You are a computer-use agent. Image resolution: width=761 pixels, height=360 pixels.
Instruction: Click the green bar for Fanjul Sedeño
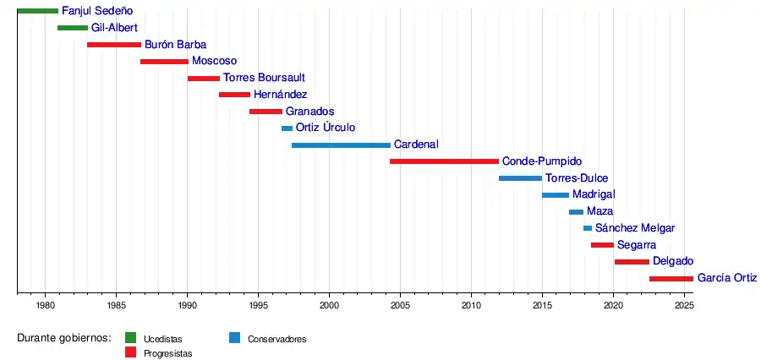point(37,11)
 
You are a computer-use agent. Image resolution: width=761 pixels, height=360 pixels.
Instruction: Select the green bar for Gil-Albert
point(73,28)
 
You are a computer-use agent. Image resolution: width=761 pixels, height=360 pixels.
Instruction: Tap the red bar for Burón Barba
point(114,45)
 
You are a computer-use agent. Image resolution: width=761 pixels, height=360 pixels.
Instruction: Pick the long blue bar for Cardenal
point(341,145)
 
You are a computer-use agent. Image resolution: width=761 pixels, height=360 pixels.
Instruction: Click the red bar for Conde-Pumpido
point(444,161)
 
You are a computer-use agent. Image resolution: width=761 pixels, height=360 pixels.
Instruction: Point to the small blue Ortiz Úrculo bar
point(287,128)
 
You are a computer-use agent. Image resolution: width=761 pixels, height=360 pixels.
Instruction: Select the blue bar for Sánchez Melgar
point(588,228)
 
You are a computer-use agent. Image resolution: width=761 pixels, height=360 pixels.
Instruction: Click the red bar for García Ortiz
point(671,278)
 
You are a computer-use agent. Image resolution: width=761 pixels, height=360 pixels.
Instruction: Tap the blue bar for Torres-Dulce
point(520,178)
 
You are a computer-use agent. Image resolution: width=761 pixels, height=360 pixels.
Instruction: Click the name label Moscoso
point(214,61)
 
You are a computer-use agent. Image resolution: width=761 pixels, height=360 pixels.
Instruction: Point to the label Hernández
point(280,95)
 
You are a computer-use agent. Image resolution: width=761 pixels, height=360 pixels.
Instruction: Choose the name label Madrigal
point(594,195)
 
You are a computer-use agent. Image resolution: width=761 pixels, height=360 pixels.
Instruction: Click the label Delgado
point(673,262)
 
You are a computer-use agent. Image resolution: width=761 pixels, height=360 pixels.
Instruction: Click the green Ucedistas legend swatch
point(131,339)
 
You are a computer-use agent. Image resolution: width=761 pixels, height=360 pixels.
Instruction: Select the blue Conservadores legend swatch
point(236,339)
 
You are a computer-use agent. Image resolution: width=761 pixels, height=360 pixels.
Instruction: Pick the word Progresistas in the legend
point(167,354)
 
